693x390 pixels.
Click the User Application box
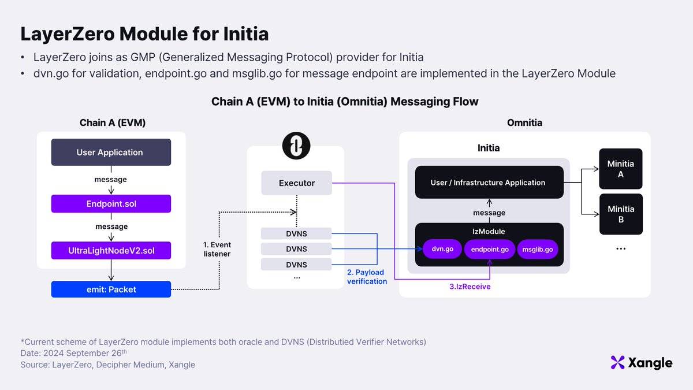(111, 152)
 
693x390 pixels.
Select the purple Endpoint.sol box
(111, 203)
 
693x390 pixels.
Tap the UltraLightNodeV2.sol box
(111, 250)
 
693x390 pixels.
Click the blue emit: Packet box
(111, 289)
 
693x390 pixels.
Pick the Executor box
(297, 183)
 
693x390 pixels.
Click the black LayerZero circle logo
(296, 146)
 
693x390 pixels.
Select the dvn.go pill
(442, 249)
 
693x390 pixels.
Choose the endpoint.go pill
(490, 249)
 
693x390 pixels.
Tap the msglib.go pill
(538, 249)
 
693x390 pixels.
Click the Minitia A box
(621, 169)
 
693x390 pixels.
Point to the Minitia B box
(621, 214)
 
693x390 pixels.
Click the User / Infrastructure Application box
(489, 183)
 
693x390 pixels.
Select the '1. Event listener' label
(217, 249)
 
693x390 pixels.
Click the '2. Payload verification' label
(367, 277)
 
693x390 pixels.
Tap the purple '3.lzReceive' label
(470, 287)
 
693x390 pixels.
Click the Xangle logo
(642, 362)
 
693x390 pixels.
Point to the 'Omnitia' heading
(525, 122)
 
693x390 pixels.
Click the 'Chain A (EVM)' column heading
(113, 123)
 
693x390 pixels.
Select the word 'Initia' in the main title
(246, 34)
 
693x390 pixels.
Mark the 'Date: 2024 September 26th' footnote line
(74, 353)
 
